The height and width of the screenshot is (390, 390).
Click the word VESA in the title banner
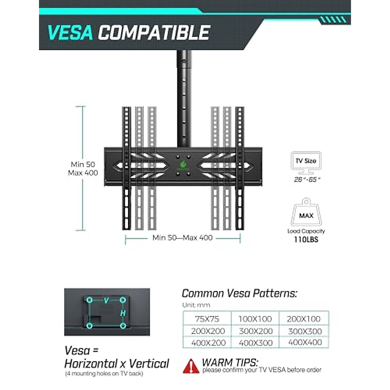[x=70, y=32]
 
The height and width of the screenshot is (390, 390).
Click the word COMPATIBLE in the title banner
[x=154, y=32]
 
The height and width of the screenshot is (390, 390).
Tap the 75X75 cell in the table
[x=207, y=319]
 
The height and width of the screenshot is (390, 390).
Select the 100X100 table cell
[x=255, y=319]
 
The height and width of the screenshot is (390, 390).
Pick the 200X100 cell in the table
[x=304, y=319]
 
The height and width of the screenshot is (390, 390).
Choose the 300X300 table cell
[x=305, y=331]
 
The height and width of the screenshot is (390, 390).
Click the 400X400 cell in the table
[x=305, y=342]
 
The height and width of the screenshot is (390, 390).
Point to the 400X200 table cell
[x=208, y=343]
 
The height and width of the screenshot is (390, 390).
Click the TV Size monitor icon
[x=306, y=163]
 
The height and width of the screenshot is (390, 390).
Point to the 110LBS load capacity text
[x=306, y=240]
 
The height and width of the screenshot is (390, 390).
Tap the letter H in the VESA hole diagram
[x=123, y=313]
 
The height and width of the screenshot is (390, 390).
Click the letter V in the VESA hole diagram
[x=106, y=301]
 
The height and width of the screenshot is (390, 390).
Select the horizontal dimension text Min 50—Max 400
[x=182, y=238]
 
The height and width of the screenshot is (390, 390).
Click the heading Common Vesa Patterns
[x=239, y=293]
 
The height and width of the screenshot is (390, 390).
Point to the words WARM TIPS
[x=230, y=362]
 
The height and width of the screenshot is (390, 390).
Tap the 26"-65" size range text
[x=305, y=179]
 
